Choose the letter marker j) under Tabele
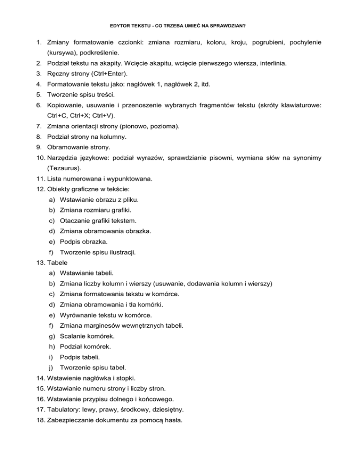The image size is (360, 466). [51, 367]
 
